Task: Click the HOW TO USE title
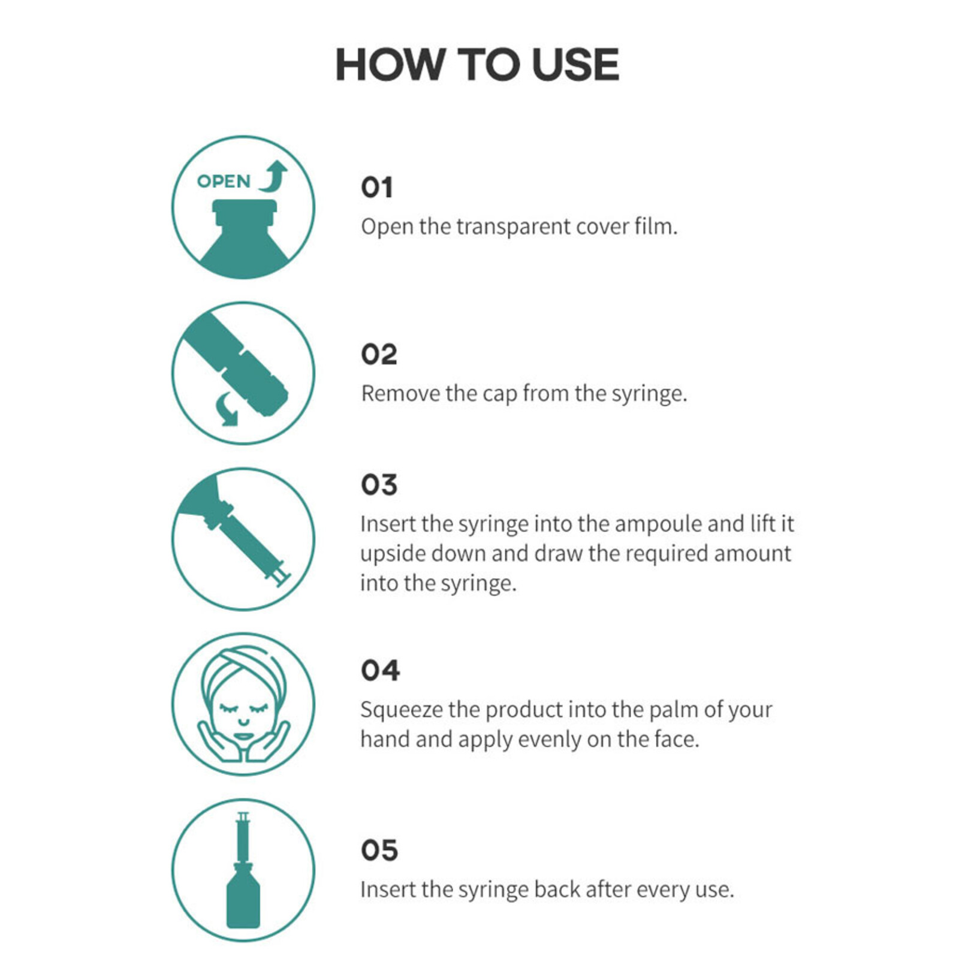pos(477,64)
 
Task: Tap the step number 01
pos(376,188)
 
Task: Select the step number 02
pos(379,354)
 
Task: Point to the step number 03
pos(379,485)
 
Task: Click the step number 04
pos(380,670)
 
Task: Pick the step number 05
pos(379,850)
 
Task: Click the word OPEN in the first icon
pos(224,181)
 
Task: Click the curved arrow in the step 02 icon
pos(227,409)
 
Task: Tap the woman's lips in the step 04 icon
pos(243,737)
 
